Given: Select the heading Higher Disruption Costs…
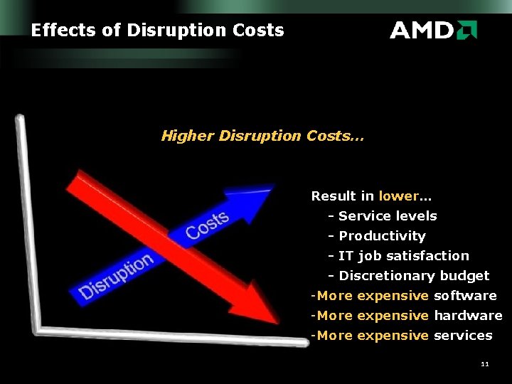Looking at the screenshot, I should tap(262, 136).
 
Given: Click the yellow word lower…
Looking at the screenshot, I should tap(405, 196).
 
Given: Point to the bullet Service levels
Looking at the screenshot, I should tap(388, 215).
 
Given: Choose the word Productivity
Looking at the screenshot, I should tap(382, 235).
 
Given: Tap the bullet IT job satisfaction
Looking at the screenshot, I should tap(404, 255).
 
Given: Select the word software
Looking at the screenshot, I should tap(465, 295).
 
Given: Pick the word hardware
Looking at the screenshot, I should tap(468, 315).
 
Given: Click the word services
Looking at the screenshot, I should tap(463, 335).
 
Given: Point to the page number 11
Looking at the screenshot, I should tap(485, 364).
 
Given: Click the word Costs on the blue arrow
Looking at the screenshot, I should tap(207, 225).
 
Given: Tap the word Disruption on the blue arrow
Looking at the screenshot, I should tap(116, 276).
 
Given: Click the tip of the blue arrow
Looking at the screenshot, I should tap(272, 187).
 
